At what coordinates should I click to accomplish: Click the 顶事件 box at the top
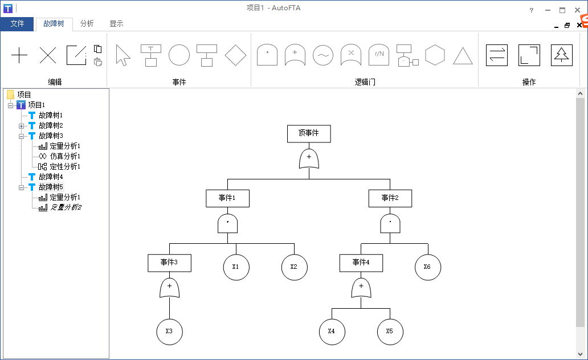click(309, 133)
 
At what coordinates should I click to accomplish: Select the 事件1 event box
click(227, 198)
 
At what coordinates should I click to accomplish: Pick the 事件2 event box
click(390, 198)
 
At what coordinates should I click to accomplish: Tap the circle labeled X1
click(236, 267)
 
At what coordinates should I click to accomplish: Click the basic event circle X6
click(427, 267)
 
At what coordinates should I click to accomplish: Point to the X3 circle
click(169, 332)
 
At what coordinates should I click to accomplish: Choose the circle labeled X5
click(390, 332)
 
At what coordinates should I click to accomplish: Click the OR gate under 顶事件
click(309, 158)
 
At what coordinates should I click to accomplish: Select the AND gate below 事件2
click(390, 223)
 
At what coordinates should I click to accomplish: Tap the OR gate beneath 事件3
click(169, 288)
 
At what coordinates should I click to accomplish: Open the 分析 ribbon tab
click(87, 24)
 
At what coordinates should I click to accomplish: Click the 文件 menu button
click(17, 24)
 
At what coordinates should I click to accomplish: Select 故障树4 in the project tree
click(51, 177)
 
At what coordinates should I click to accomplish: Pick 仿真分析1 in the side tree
click(64, 156)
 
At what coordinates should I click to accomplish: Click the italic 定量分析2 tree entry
click(66, 207)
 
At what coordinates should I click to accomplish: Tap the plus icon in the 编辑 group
click(19, 55)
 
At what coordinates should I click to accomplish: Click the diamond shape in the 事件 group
click(235, 55)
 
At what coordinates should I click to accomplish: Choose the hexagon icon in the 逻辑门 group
click(435, 55)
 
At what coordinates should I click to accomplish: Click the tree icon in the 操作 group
click(561, 55)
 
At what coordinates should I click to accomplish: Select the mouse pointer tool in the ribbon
click(122, 55)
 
